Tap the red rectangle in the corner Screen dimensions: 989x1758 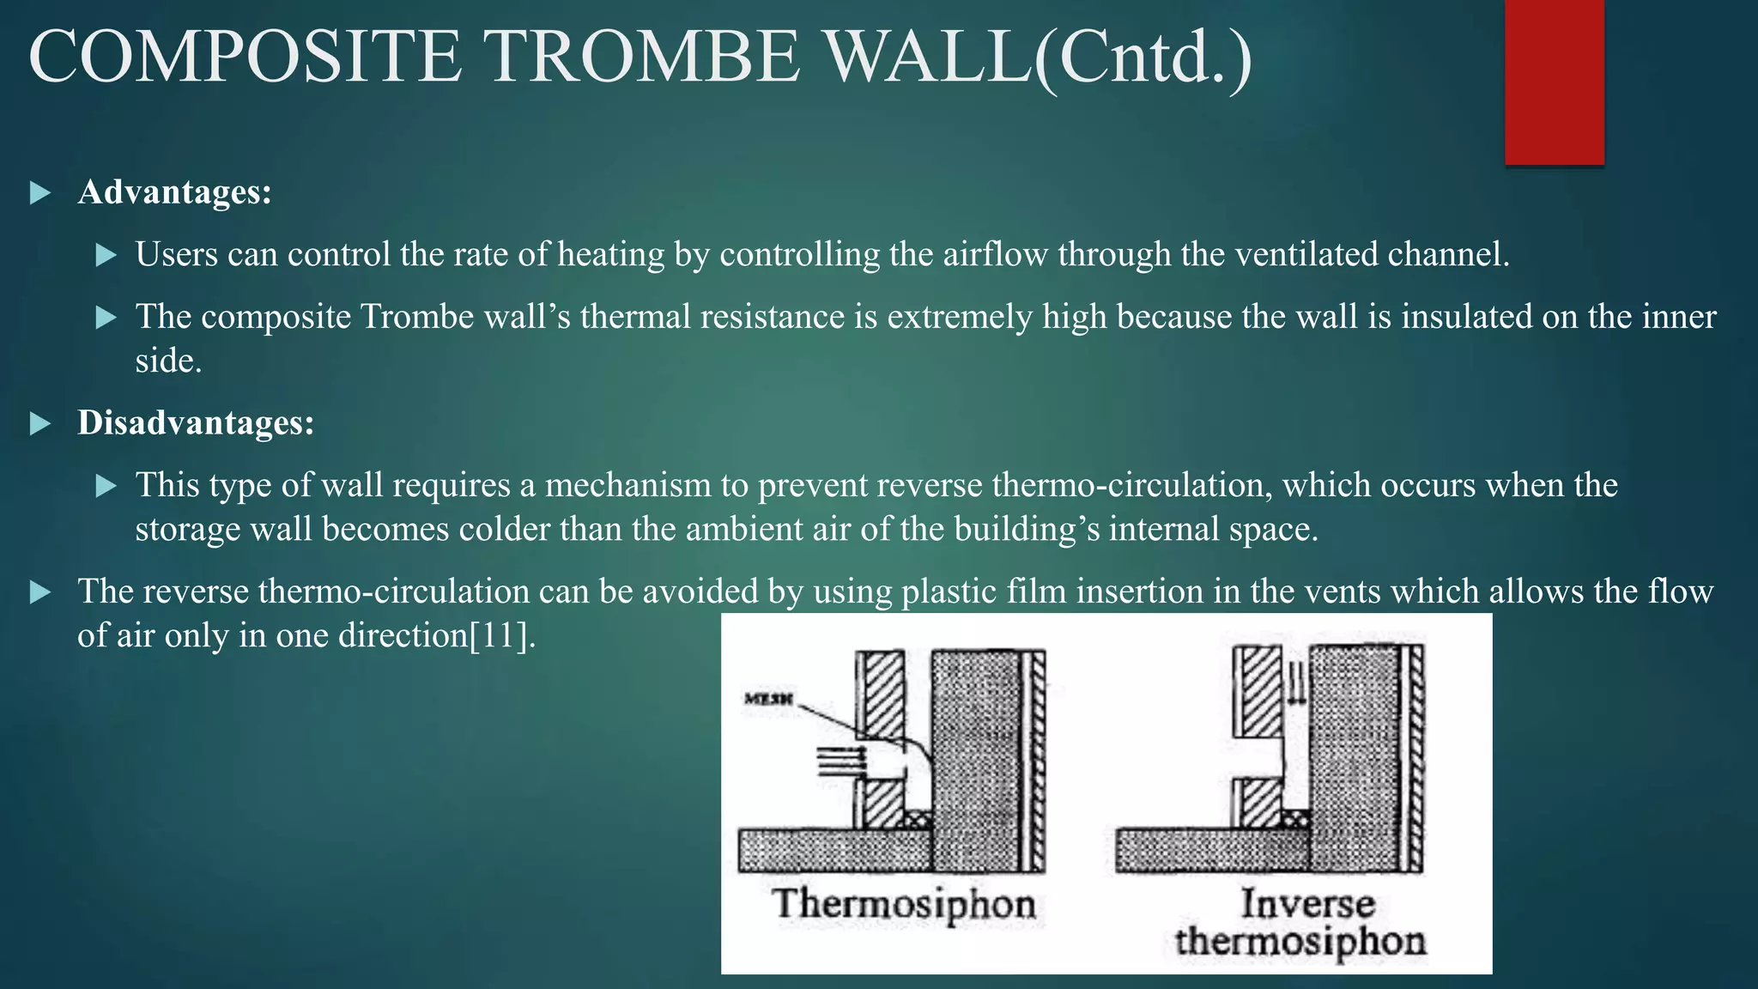click(x=1554, y=82)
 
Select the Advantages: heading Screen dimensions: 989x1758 click(x=174, y=191)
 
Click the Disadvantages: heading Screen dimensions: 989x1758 click(x=196, y=422)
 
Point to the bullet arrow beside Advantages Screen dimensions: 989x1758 click(x=39, y=192)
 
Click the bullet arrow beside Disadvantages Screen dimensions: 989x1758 click(x=39, y=423)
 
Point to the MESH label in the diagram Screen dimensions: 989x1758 click(x=768, y=700)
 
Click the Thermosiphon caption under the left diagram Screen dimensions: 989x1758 click(x=903, y=904)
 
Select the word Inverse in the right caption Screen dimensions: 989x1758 click(x=1306, y=903)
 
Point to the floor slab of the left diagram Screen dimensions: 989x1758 click(x=833, y=850)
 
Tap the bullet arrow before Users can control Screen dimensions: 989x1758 click(x=106, y=255)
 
